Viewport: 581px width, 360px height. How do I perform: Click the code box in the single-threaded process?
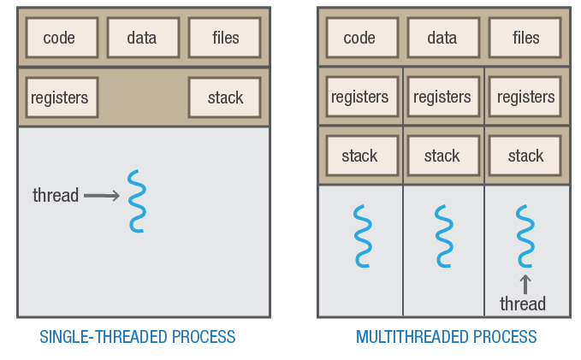pyautogui.click(x=59, y=37)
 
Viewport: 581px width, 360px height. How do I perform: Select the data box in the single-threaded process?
pyautogui.click(x=142, y=37)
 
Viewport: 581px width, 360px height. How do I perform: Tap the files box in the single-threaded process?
pyautogui.click(x=225, y=37)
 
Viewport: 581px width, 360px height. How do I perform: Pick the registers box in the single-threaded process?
pyautogui.click(x=60, y=97)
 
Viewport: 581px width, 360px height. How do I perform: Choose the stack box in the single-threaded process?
pyautogui.click(x=225, y=97)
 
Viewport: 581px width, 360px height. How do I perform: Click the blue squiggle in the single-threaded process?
pyautogui.click(x=136, y=201)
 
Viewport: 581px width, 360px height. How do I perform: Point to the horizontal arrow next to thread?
pyautogui.click(x=102, y=196)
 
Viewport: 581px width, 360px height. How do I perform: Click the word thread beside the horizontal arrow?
pyautogui.click(x=56, y=196)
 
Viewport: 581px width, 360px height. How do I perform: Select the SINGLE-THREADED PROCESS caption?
pyautogui.click(x=138, y=336)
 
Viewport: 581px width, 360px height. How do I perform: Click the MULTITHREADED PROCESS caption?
pyautogui.click(x=446, y=336)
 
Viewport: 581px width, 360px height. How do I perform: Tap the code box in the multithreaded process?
pyautogui.click(x=359, y=37)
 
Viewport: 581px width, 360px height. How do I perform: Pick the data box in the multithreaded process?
pyautogui.click(x=442, y=37)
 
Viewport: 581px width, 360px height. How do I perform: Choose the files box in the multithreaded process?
pyautogui.click(x=525, y=37)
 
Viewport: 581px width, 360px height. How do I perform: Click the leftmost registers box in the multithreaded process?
pyautogui.click(x=359, y=97)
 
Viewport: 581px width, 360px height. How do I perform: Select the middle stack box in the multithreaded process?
pyautogui.click(x=442, y=156)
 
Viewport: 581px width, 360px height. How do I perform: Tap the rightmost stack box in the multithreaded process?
pyautogui.click(x=525, y=156)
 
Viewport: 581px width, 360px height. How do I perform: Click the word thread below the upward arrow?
pyautogui.click(x=523, y=304)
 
